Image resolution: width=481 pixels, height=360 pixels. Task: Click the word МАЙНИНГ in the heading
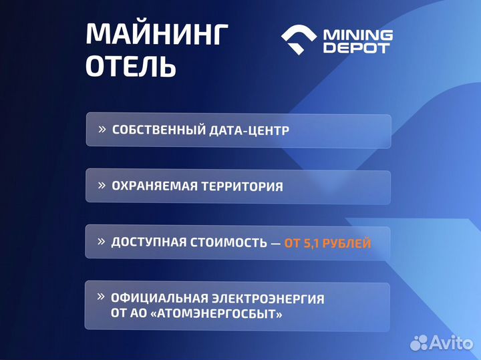157,35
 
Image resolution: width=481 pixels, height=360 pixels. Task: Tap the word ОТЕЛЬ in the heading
131,66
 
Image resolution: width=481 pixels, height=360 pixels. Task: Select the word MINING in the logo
358,34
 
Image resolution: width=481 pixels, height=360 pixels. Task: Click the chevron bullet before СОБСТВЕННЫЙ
102,129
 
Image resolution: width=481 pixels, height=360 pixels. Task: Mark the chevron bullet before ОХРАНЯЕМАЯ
102,185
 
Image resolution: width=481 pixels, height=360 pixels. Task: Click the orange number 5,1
312,242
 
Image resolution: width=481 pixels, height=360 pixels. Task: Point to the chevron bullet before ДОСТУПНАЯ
102,241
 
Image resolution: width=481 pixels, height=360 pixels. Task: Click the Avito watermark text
452,343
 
